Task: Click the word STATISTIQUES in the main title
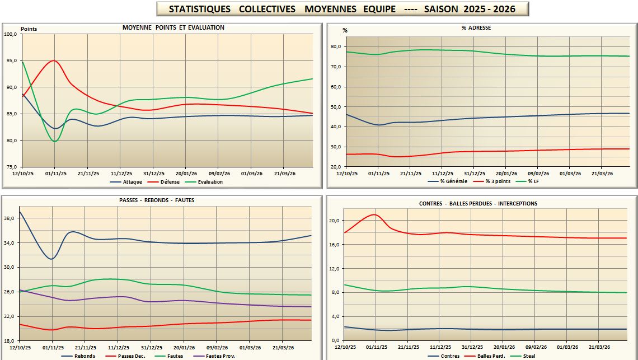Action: pos(200,9)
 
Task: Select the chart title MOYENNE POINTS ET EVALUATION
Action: pos(173,27)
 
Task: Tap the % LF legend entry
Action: pos(536,181)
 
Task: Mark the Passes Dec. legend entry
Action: pos(134,356)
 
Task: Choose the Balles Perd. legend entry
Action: pos(492,356)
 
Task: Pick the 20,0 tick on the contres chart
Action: pos(335,221)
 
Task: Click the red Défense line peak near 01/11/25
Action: pos(53,60)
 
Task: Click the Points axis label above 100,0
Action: pos(29,29)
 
